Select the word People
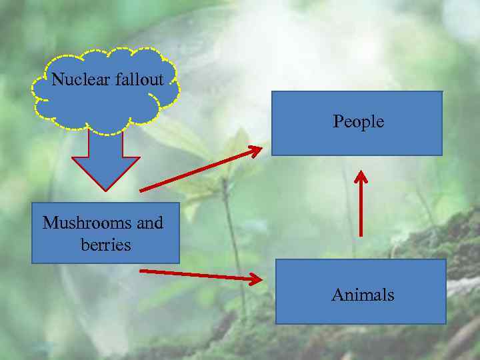point(359,121)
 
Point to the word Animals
point(363,295)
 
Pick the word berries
point(106,245)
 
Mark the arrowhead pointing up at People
point(361,177)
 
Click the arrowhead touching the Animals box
point(255,279)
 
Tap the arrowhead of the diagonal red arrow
point(255,151)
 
